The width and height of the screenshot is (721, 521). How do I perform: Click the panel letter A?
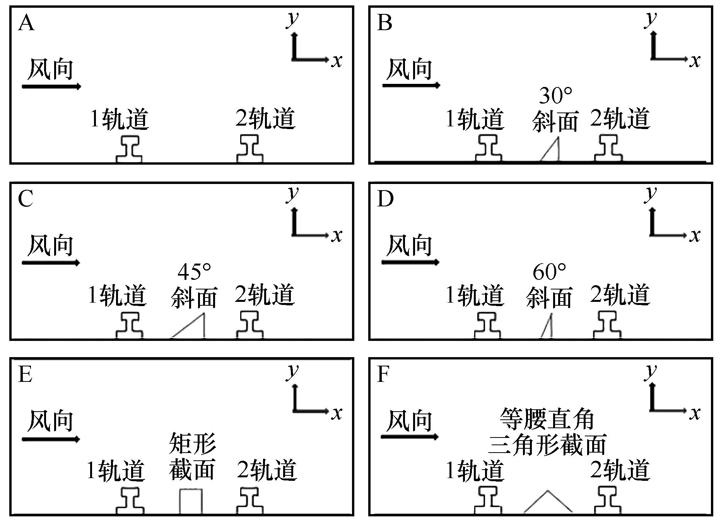(x=26, y=23)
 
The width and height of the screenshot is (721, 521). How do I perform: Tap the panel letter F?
(x=383, y=374)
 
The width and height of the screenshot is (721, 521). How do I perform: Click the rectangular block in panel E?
(x=191, y=501)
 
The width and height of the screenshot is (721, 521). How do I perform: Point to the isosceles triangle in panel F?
(x=547, y=504)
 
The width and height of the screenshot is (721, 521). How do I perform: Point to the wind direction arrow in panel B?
(x=411, y=85)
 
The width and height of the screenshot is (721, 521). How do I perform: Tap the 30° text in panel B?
(x=555, y=95)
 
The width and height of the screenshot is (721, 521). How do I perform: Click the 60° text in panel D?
(x=549, y=272)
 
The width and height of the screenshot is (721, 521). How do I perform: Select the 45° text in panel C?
(x=195, y=272)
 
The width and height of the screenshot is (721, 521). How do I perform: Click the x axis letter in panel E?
(x=337, y=413)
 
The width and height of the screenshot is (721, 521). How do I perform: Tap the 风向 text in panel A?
(x=51, y=70)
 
